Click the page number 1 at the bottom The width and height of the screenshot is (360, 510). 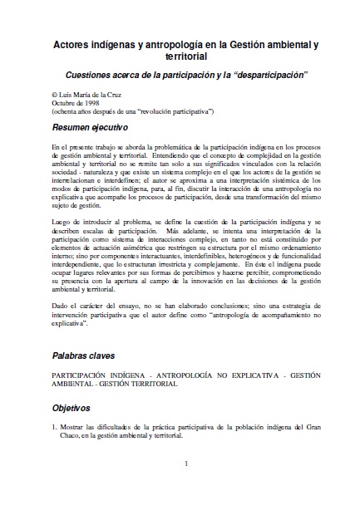[x=186, y=463]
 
